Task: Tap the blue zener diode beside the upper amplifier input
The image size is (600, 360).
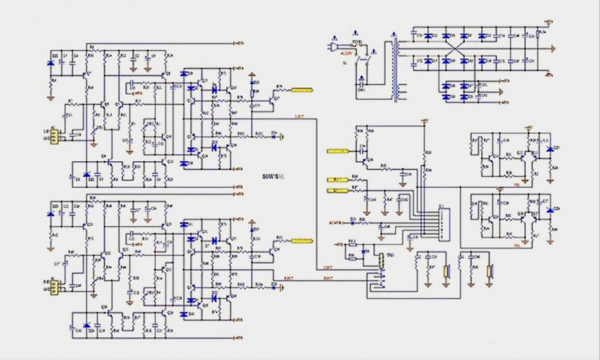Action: [52, 69]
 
